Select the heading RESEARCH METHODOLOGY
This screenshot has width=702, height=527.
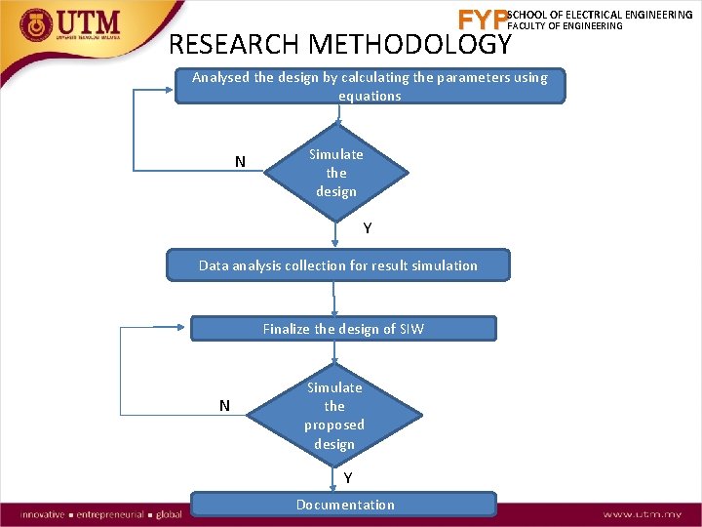pyautogui.click(x=339, y=45)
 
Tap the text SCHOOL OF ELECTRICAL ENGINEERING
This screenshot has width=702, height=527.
pyautogui.click(x=600, y=15)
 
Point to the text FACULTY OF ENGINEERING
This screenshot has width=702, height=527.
pyautogui.click(x=565, y=26)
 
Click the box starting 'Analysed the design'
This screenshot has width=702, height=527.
pyautogui.click(x=370, y=86)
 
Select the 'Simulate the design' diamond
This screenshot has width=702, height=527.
pyautogui.click(x=336, y=173)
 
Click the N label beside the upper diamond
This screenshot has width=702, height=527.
pyautogui.click(x=240, y=162)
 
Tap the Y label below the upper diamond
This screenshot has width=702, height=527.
pyautogui.click(x=368, y=228)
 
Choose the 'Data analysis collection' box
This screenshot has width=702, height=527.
pyautogui.click(x=338, y=265)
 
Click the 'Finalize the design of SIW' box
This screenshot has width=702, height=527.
pyautogui.click(x=343, y=329)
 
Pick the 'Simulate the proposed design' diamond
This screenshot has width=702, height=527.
pyautogui.click(x=334, y=416)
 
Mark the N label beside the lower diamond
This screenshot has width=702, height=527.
pyautogui.click(x=224, y=405)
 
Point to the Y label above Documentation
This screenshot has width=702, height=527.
pyautogui.click(x=348, y=478)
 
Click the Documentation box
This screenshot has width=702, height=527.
pyautogui.click(x=344, y=505)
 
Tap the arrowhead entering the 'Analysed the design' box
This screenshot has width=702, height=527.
pyautogui.click(x=170, y=90)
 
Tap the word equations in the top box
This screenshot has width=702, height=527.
pyautogui.click(x=370, y=96)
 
